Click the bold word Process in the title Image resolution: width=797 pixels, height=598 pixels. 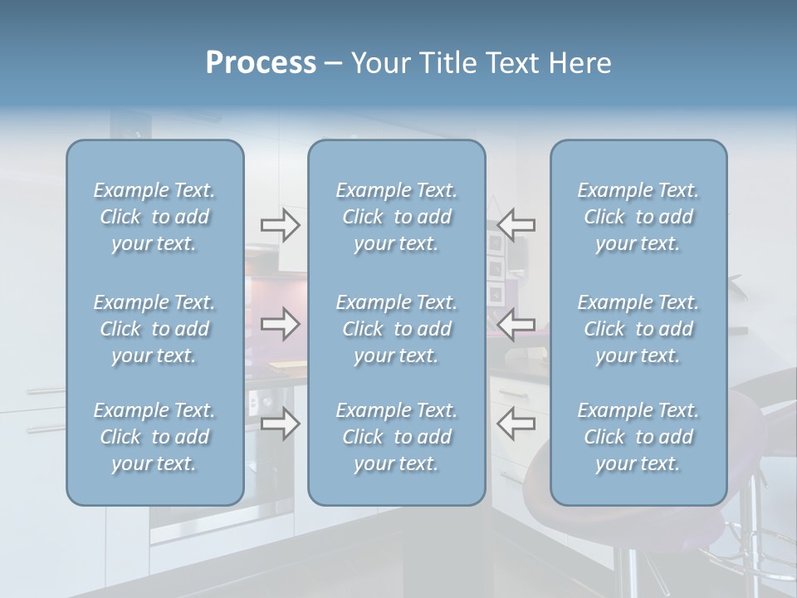pos(261,62)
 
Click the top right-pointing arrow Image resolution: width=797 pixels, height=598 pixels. pos(280,224)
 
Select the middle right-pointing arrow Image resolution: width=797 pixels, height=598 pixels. pos(280,324)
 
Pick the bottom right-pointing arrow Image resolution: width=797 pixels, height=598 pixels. pos(280,424)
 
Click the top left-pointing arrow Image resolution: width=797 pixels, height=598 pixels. pos(516,224)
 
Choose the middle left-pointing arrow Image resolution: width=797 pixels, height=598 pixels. pos(516,324)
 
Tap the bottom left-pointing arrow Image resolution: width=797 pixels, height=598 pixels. pos(516,424)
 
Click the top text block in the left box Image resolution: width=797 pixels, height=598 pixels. pos(154,217)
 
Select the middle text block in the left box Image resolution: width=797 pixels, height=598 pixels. pos(154,329)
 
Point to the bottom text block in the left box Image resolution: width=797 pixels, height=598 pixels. pos(154,437)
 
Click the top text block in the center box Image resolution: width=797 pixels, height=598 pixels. pos(396,217)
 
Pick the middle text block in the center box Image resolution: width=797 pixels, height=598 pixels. pos(396,329)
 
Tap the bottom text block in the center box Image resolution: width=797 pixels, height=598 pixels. pos(396,437)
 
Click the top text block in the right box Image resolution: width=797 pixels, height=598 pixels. pos(638,217)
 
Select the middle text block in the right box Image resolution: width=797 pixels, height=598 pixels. pos(638,329)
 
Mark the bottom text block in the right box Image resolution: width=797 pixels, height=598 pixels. pos(638,437)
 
